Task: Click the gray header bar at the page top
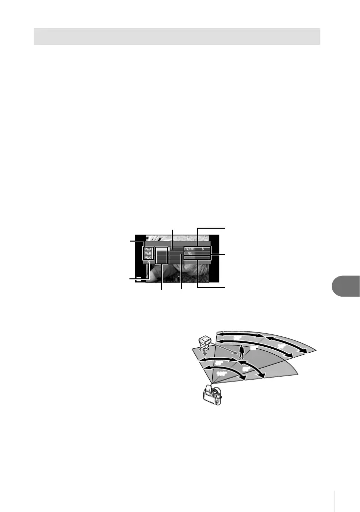[177, 37]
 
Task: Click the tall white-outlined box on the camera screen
[162, 256]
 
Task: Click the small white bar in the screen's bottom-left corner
[140, 278]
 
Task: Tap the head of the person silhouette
[241, 347]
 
